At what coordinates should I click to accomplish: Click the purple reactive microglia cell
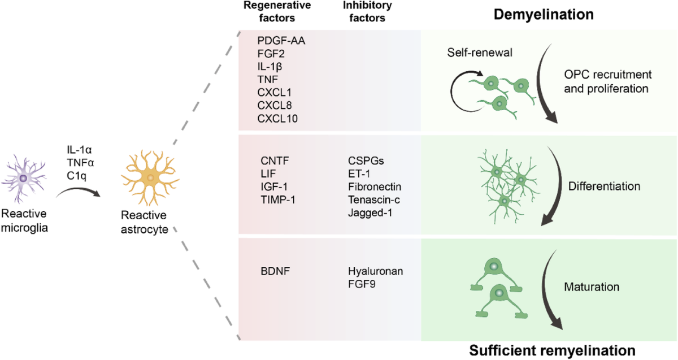23,178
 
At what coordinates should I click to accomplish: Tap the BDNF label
272,270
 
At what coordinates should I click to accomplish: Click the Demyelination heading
546,15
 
